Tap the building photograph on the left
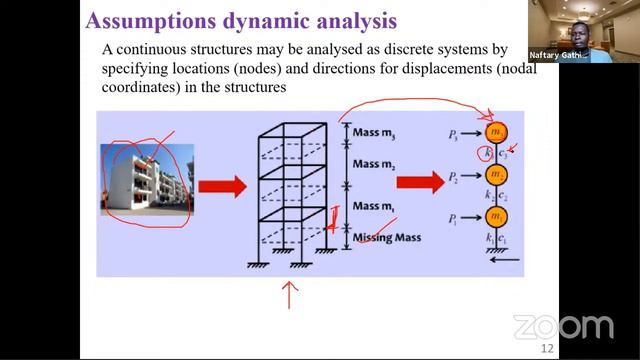[x=143, y=179]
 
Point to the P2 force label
[x=456, y=176]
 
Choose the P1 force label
[x=456, y=217]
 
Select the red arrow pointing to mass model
[x=420, y=182]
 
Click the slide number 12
[x=547, y=348]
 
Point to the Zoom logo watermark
[x=562, y=326]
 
